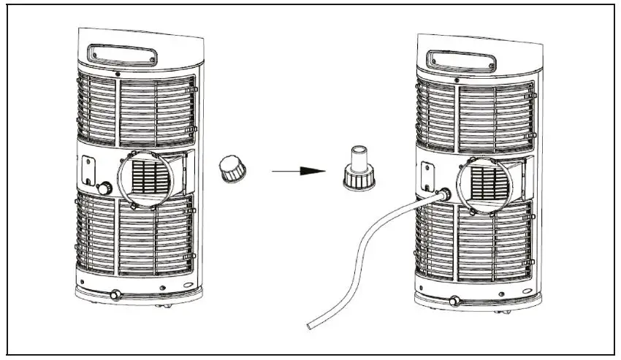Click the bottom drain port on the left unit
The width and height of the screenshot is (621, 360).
click(114, 296)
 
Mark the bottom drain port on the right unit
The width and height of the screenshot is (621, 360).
click(455, 299)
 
